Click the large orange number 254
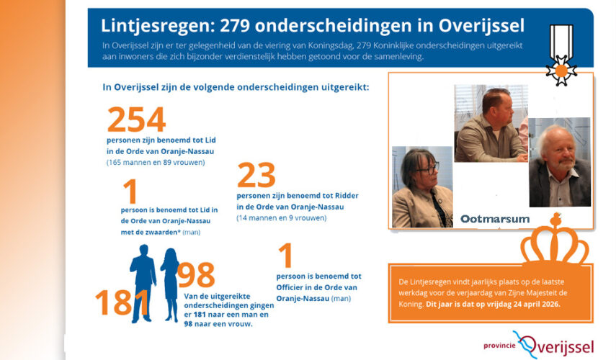tap(136, 120)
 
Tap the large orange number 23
tap(256, 175)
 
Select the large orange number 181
tap(123, 302)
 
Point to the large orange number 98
tap(196, 275)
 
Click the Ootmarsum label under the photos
tap(494, 219)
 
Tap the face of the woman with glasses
tap(426, 170)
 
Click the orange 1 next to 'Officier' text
tap(285, 257)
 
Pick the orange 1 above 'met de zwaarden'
tap(130, 193)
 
